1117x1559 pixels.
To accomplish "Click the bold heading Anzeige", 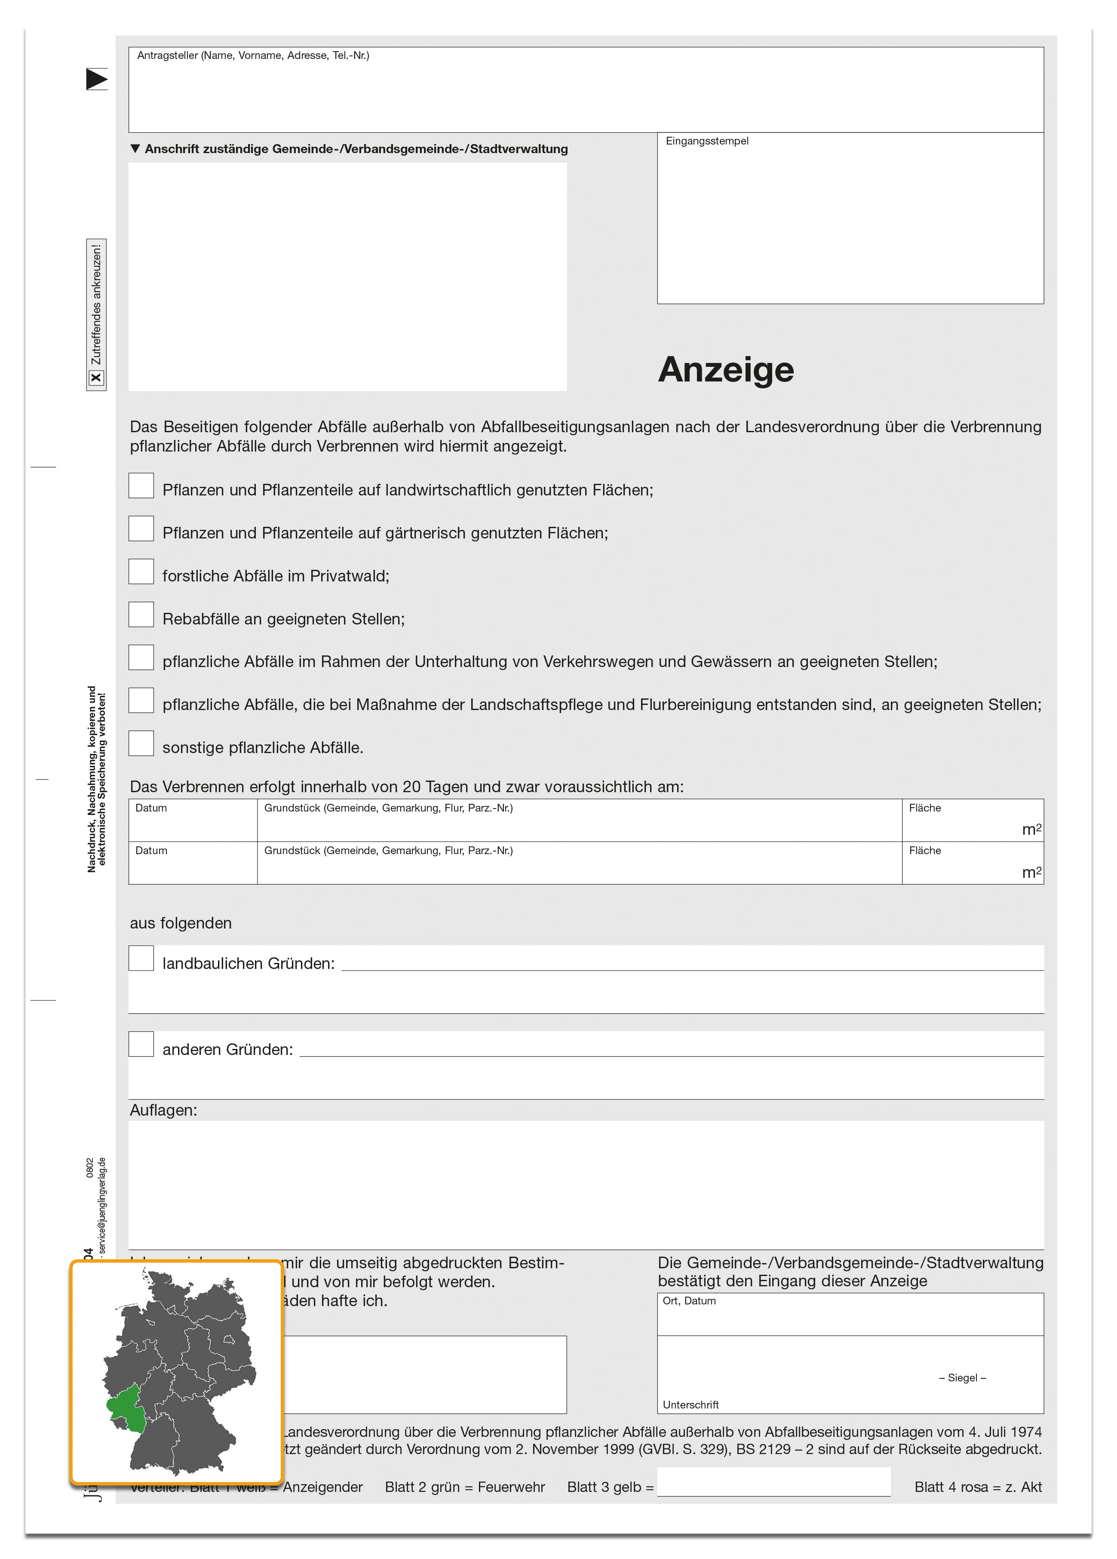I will pos(725,370).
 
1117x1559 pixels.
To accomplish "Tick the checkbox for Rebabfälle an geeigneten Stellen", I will pos(141,615).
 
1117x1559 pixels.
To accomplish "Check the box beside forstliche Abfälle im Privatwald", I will pos(141,571).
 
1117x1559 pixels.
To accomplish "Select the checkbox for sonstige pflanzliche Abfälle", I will pos(141,743).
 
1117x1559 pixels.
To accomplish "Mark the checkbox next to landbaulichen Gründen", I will pos(141,958).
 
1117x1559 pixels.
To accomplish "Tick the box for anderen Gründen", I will pos(141,1044).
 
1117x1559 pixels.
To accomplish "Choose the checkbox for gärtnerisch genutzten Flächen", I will pos(141,529).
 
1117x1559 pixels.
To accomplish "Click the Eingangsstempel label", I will pos(707,141).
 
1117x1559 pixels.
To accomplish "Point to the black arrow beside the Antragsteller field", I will pos(96,79).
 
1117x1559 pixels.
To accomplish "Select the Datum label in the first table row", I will pos(151,808).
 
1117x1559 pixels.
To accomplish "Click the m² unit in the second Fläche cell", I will pos(1031,872).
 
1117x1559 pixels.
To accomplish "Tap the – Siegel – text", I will pos(962,1378).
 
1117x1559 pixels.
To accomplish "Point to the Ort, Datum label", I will pos(689,1301).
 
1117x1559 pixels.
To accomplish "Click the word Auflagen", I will pos(163,1110).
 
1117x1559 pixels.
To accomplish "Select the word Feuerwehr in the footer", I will pos(511,1487).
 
